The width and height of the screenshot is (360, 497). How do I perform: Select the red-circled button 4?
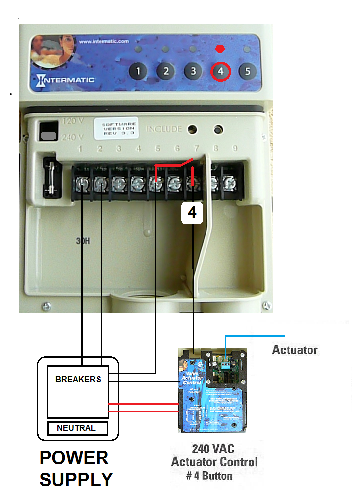tap(221, 72)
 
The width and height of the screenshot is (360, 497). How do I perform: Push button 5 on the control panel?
tap(248, 71)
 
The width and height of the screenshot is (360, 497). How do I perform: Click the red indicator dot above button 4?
tap(221, 49)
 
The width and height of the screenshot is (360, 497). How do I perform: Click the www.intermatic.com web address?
tap(103, 42)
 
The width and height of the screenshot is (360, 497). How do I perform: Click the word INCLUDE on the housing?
tap(164, 129)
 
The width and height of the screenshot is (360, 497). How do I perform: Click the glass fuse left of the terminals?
tap(51, 176)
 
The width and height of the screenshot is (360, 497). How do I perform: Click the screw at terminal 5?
tap(156, 184)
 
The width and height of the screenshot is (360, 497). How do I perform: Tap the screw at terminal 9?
tap(229, 184)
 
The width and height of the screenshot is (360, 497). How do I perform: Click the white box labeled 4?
tap(192, 212)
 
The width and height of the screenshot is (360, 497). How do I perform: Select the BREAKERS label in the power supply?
tap(78, 379)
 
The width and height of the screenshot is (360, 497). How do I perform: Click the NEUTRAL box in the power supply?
tap(77, 428)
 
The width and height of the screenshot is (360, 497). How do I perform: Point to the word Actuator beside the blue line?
tap(295, 350)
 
